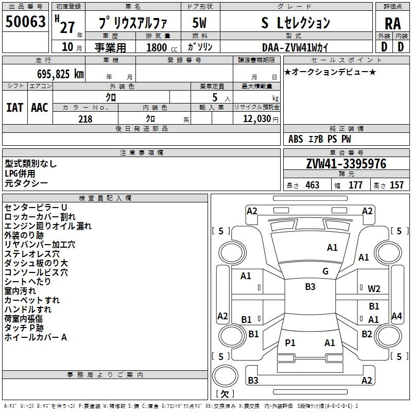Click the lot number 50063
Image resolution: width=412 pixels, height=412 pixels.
pyautogui.click(x=25, y=22)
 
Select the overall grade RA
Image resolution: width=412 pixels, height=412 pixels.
pyautogui.click(x=392, y=24)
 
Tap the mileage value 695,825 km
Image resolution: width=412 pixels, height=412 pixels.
pyautogui.click(x=60, y=74)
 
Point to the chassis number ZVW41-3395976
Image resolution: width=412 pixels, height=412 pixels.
pyautogui.click(x=346, y=164)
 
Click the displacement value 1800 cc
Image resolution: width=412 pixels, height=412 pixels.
pyautogui.click(x=162, y=47)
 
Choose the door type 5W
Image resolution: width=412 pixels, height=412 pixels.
pyautogui.click(x=199, y=23)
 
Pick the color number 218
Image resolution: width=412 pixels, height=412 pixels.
pyautogui.click(x=85, y=119)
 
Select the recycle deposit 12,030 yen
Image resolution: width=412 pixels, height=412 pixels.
pyautogui.click(x=261, y=119)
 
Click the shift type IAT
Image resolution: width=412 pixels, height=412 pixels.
pyautogui.click(x=14, y=108)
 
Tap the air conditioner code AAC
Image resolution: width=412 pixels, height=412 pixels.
pyautogui.click(x=40, y=108)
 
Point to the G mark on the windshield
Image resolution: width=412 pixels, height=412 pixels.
pyautogui.click(x=325, y=271)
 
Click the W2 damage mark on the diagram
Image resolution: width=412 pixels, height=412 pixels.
pyautogui.click(x=374, y=289)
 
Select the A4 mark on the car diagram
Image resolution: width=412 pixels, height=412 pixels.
pyautogui.click(x=397, y=316)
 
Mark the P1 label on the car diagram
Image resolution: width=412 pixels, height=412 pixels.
pyautogui.click(x=290, y=342)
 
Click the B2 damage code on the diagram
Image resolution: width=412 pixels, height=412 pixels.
pyautogui.click(x=367, y=334)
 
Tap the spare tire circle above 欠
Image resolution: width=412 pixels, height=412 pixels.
pyautogui.click(x=225, y=376)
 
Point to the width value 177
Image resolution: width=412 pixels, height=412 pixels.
pyautogui.click(x=355, y=185)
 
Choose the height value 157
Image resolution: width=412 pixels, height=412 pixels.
pyautogui.click(x=397, y=185)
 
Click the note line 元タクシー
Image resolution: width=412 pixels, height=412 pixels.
pyautogui.click(x=26, y=183)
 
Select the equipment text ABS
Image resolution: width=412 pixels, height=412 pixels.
pyautogui.click(x=296, y=139)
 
